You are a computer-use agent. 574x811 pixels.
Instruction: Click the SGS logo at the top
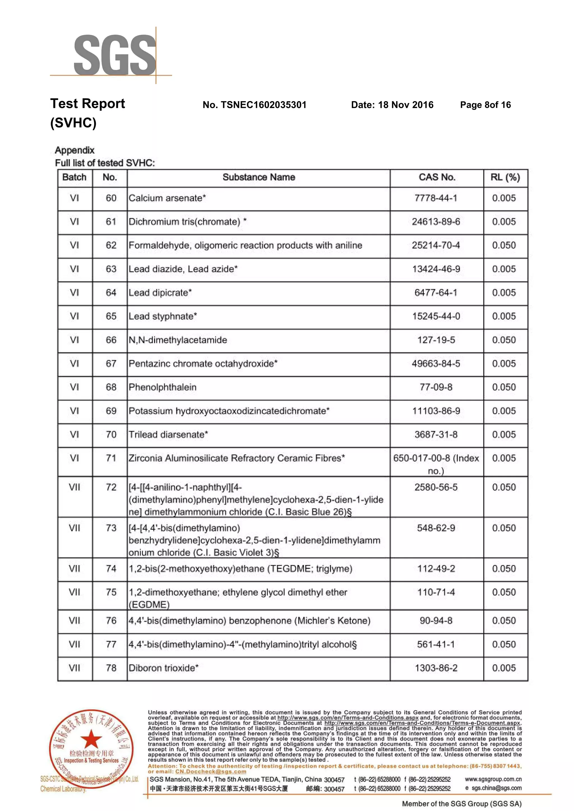pos(115,55)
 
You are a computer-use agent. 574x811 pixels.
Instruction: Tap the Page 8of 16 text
pos(485,105)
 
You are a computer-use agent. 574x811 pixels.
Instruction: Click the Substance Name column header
pos(259,177)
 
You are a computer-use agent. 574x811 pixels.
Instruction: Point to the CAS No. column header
pos(437,177)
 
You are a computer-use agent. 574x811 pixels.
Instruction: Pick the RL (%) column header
pos(505,177)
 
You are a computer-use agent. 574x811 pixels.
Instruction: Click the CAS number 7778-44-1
pos(436,198)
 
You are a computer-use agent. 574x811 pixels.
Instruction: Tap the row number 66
pos(111,340)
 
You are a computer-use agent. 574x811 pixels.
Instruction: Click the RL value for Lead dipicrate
pos(504,292)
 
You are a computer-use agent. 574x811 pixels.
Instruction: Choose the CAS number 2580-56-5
pos(436,487)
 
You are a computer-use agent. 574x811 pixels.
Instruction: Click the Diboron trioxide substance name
pos(164,668)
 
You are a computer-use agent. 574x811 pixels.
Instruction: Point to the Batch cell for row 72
pos(75,487)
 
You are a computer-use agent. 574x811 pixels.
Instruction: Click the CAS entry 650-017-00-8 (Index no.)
pos(436,464)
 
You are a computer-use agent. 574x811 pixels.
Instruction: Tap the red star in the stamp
pos(92,738)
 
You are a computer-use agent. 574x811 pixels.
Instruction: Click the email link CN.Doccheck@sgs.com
pos(211,772)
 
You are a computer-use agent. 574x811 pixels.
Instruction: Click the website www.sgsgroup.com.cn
pos(493,779)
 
